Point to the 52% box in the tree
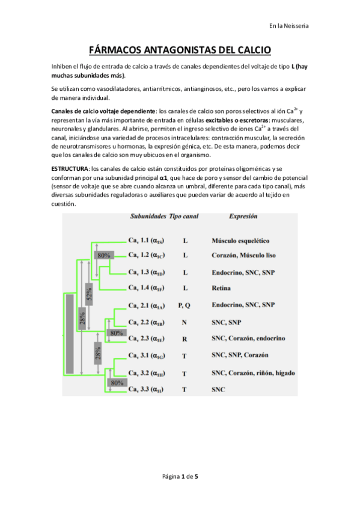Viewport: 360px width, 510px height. pyautogui.click(x=90, y=295)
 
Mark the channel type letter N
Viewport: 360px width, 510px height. pyautogui.click(x=185, y=322)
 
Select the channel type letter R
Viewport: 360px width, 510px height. pyautogui.click(x=185, y=339)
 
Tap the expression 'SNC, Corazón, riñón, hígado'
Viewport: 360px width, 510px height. pyautogui.click(x=253, y=373)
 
